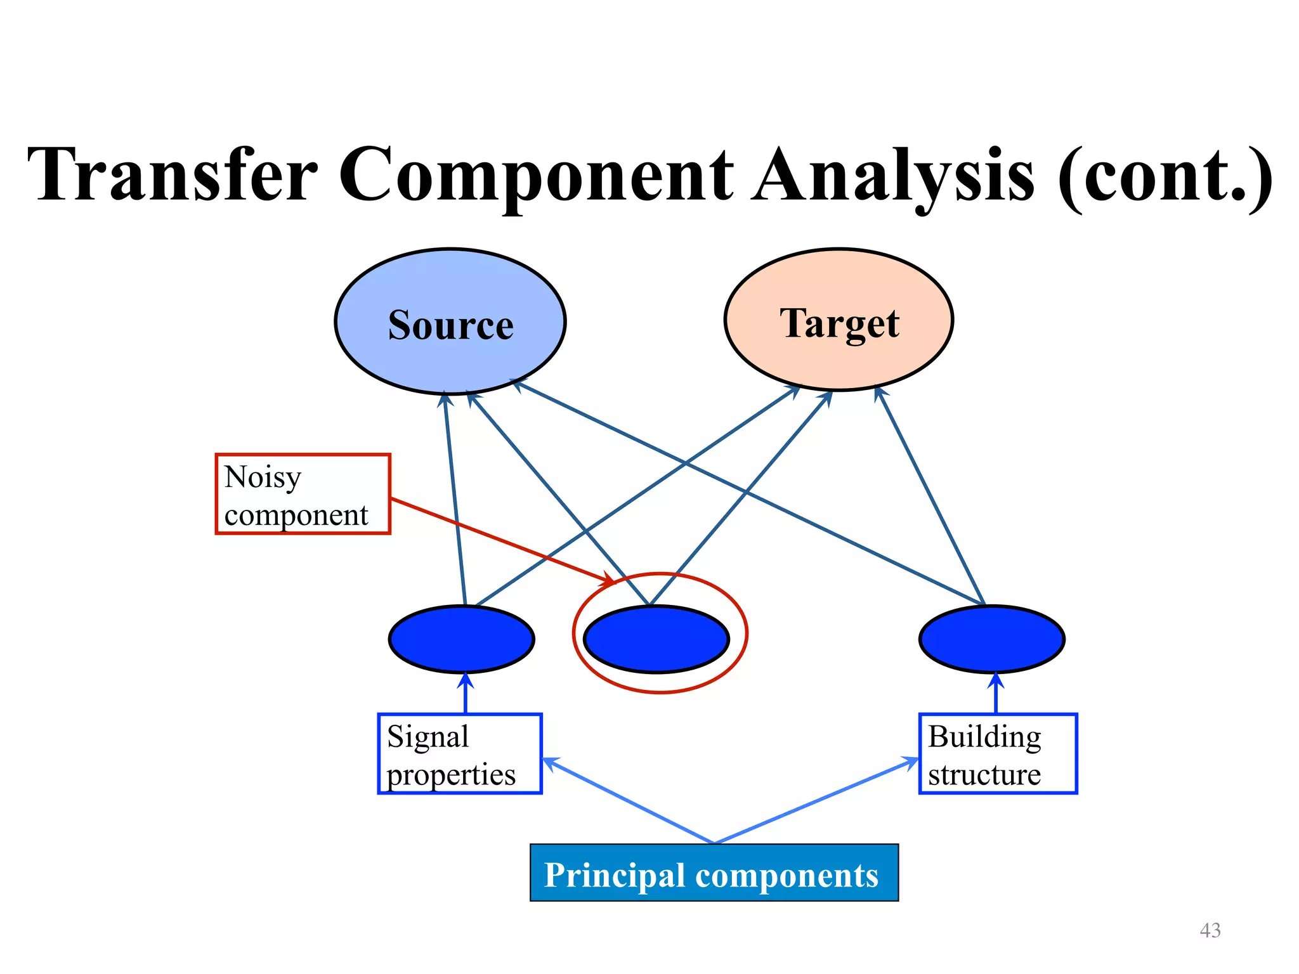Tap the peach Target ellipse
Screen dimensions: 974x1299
coord(839,320)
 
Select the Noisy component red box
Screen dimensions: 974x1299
coord(303,494)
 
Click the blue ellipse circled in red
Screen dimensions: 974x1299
coord(656,639)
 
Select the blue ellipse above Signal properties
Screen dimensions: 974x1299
coord(461,639)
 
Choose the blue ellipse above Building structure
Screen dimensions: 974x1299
coord(991,639)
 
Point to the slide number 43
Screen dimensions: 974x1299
coord(1210,930)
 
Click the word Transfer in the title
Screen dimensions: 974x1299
coord(173,174)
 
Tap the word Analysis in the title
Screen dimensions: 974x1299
coord(892,174)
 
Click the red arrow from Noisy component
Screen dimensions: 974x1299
coord(501,540)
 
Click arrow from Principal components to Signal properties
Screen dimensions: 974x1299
coord(628,800)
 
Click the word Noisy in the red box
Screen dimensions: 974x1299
coord(263,477)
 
